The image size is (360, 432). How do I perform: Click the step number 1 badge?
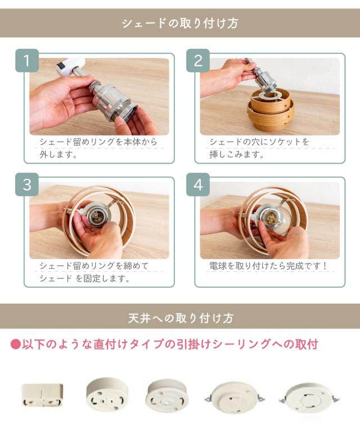(26, 60)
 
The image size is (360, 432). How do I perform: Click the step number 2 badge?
(197, 60)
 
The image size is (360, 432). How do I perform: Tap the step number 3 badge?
(26, 185)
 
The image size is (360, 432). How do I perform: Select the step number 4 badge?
(197, 185)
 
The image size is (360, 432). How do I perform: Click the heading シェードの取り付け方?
(180, 23)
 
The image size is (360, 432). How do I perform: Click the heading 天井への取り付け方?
(180, 317)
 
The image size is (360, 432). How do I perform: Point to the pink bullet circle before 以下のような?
(15, 344)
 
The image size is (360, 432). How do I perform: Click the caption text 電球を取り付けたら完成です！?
(267, 265)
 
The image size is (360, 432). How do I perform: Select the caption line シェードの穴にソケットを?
(259, 142)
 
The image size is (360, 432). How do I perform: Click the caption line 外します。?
(58, 154)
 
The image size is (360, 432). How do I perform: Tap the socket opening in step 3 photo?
(95, 216)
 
